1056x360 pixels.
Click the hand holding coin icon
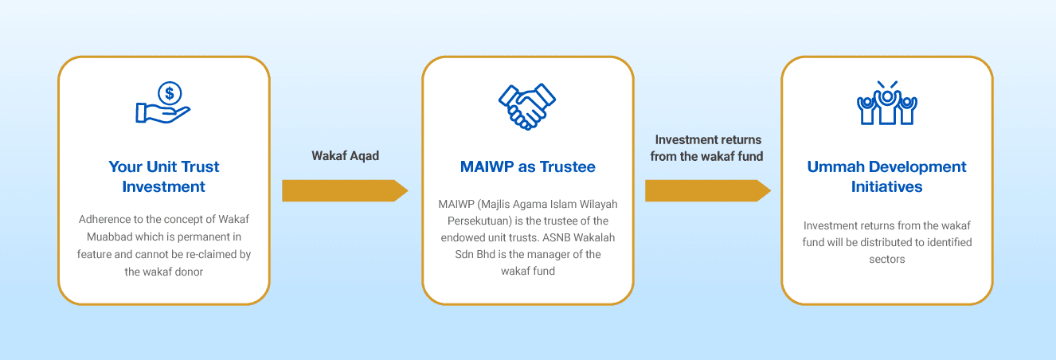pos(163,102)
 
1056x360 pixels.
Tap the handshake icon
pos(527,107)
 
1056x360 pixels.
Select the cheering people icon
pos(886,103)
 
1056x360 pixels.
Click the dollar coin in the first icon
pos(170,93)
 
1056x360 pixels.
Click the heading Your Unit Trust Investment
pos(163,177)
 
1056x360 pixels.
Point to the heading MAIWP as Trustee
pos(527,166)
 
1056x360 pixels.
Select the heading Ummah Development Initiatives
pos(886,177)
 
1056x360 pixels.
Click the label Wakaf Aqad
pos(345,156)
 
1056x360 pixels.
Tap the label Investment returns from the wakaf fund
pos(706,148)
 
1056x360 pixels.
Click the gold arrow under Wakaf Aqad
pos(345,191)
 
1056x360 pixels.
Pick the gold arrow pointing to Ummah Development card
pos(708,191)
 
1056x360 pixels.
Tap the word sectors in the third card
pos(886,260)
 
